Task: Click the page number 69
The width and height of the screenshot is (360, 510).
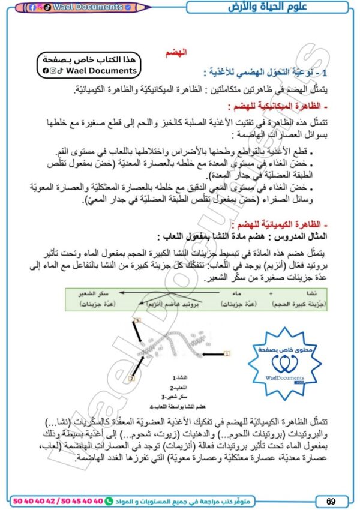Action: pos(331,500)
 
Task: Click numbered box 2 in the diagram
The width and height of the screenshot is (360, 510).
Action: pos(132,379)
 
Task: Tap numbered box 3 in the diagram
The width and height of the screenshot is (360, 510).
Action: pos(137,321)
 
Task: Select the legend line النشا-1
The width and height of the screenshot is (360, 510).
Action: pos(179,379)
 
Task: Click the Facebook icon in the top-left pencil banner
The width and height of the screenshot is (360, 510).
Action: pos(32,7)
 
